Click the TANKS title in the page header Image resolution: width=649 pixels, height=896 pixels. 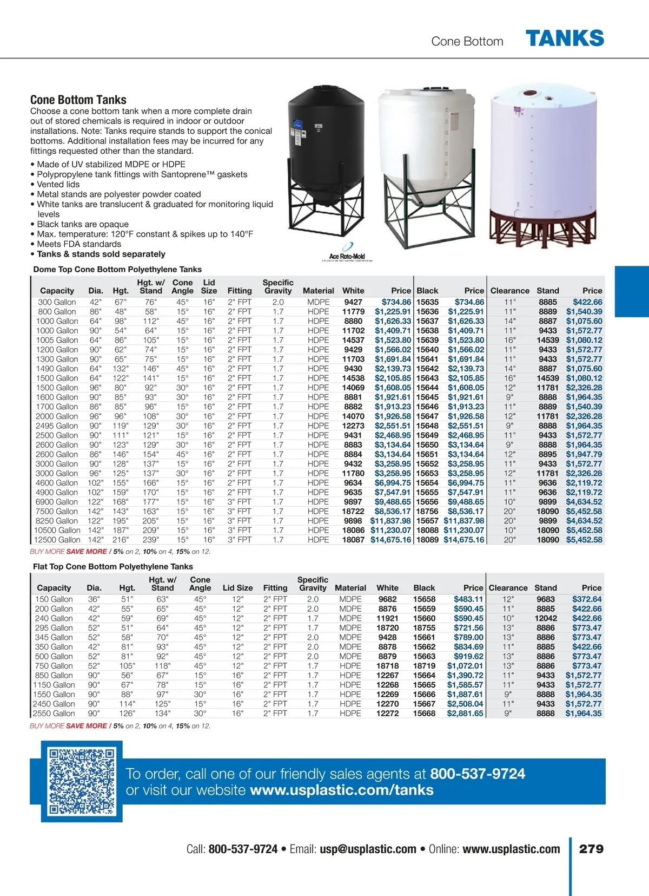tap(565, 38)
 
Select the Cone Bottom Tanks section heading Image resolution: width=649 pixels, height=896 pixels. tap(78, 100)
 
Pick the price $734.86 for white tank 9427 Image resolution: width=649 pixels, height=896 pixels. tap(396, 302)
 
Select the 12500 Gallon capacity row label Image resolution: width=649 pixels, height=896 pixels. tap(57, 540)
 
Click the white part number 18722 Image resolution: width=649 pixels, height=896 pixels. tap(353, 511)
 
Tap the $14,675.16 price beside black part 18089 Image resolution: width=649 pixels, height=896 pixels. tap(463, 540)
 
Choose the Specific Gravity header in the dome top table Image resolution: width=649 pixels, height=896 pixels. tap(278, 286)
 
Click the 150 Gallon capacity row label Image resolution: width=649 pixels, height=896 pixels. tap(54, 599)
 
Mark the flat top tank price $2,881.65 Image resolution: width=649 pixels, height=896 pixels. tap(465, 714)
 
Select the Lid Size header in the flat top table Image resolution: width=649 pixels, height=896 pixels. tap(237, 588)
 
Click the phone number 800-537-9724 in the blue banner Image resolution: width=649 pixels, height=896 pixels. tap(478, 774)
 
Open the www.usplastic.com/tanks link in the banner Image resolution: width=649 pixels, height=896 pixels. tap(342, 790)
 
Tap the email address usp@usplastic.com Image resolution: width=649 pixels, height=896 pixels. tap(368, 849)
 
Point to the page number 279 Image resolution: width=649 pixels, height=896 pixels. tap(591, 849)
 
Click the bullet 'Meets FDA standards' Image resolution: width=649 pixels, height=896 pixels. tap(79, 244)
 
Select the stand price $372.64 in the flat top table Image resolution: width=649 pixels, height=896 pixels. tap(586, 599)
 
